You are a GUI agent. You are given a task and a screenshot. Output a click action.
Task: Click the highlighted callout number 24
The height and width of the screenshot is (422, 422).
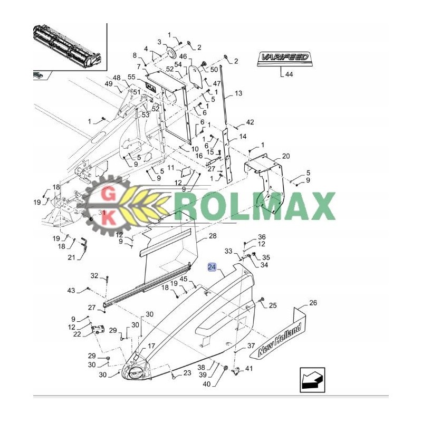[x=212, y=267]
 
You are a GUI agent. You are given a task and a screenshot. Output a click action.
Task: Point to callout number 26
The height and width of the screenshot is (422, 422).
[x=313, y=303]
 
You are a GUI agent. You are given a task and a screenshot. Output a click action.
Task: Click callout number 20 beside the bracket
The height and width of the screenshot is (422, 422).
[x=285, y=156]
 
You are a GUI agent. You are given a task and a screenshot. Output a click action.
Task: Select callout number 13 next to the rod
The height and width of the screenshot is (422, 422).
[x=238, y=93]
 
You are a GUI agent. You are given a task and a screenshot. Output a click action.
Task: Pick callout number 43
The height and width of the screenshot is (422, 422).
[x=71, y=290]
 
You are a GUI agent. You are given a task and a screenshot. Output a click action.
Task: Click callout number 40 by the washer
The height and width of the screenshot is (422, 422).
[x=206, y=384]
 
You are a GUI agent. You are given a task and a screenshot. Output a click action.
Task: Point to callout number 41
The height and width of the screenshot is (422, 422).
[x=249, y=369]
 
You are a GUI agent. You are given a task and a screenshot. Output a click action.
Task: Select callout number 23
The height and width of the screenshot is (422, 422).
[x=187, y=373]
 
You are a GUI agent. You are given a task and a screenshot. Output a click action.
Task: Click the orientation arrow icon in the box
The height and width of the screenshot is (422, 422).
[x=312, y=380]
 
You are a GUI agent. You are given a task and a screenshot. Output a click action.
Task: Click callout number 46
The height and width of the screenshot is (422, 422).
[x=183, y=56]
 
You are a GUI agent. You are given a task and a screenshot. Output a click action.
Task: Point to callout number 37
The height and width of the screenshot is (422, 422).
[x=251, y=347]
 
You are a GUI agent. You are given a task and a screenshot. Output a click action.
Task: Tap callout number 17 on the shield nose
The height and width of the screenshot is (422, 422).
[x=151, y=346]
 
